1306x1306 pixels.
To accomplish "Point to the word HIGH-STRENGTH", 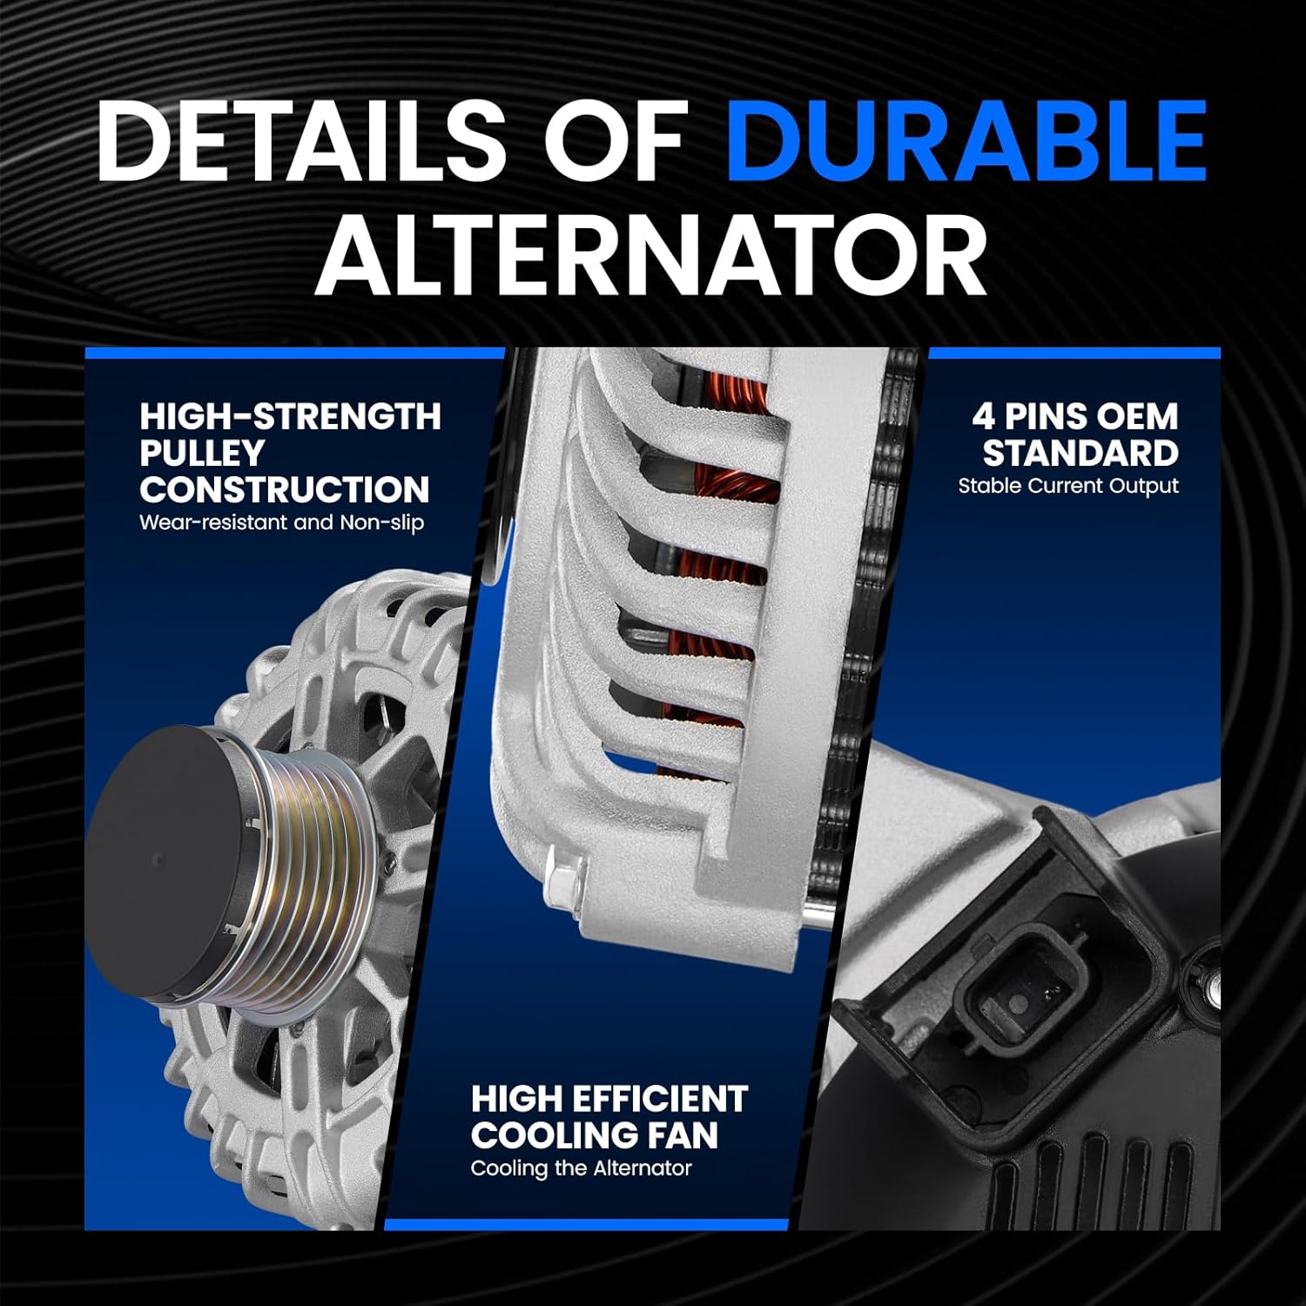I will pos(290,416).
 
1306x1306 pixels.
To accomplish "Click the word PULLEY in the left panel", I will pos(201,453).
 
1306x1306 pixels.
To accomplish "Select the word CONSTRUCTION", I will pos(284,489).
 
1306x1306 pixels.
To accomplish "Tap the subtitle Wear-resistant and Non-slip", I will pos(281,523).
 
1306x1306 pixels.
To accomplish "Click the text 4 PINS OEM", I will pos(1074,416).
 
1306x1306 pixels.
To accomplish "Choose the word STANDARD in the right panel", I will pos(1080,453).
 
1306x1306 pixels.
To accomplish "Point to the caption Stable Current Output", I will pos(1068,486).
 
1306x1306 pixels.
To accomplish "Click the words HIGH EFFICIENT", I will pos(609,1099).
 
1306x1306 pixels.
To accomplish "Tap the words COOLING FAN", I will pos(595,1135).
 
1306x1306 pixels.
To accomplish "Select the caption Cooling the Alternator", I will pos(581,1168).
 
